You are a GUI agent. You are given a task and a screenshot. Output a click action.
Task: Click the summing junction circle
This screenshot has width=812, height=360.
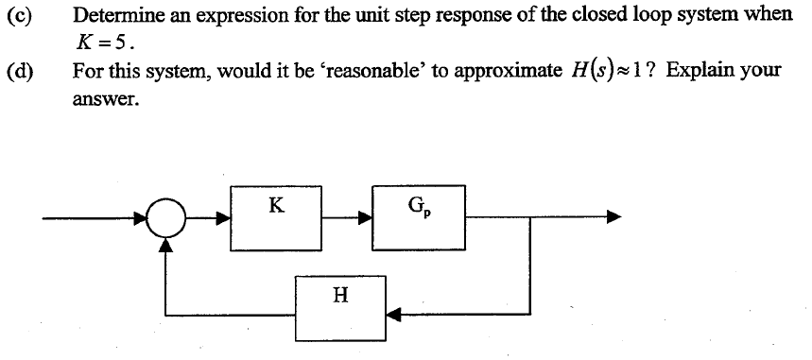(167, 220)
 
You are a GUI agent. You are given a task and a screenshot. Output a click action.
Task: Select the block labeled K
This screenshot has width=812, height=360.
(276, 218)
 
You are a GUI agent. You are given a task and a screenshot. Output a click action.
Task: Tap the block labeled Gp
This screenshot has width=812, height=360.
(417, 218)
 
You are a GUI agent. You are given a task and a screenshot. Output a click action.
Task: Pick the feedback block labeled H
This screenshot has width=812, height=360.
(340, 308)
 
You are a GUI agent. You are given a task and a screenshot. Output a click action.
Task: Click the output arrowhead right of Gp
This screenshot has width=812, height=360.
(614, 219)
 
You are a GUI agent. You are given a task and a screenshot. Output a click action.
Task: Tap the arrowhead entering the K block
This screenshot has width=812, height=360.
(224, 220)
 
